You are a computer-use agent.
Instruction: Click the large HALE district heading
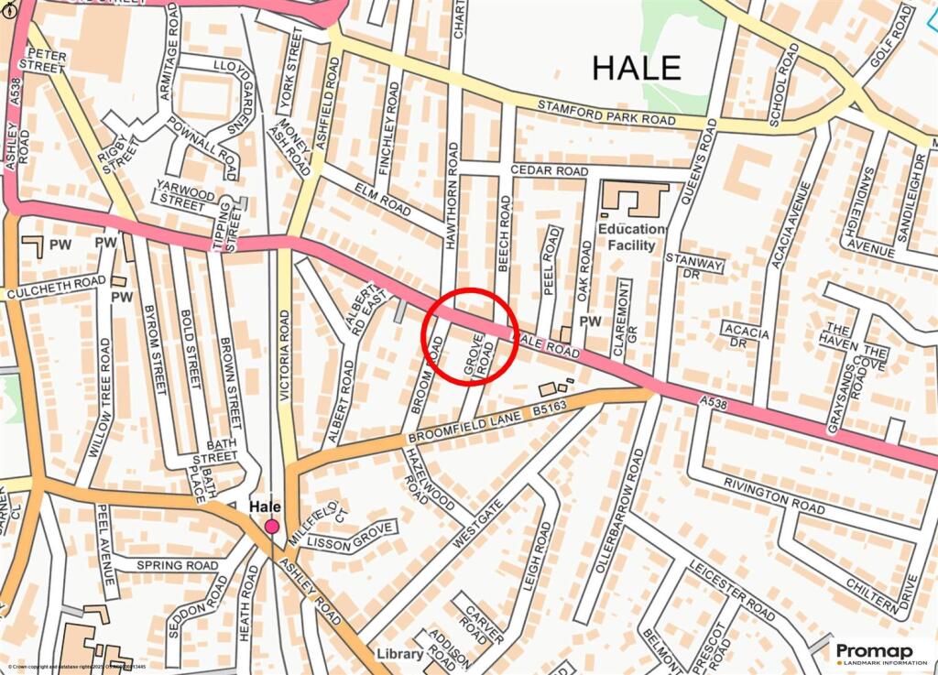tap(637, 67)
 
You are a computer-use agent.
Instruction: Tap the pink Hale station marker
tap(272, 526)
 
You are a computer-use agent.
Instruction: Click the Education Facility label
tap(631, 237)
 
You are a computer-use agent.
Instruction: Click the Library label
tap(400, 654)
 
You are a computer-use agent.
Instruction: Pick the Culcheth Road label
tap(56, 288)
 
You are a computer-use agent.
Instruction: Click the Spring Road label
tap(177, 565)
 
